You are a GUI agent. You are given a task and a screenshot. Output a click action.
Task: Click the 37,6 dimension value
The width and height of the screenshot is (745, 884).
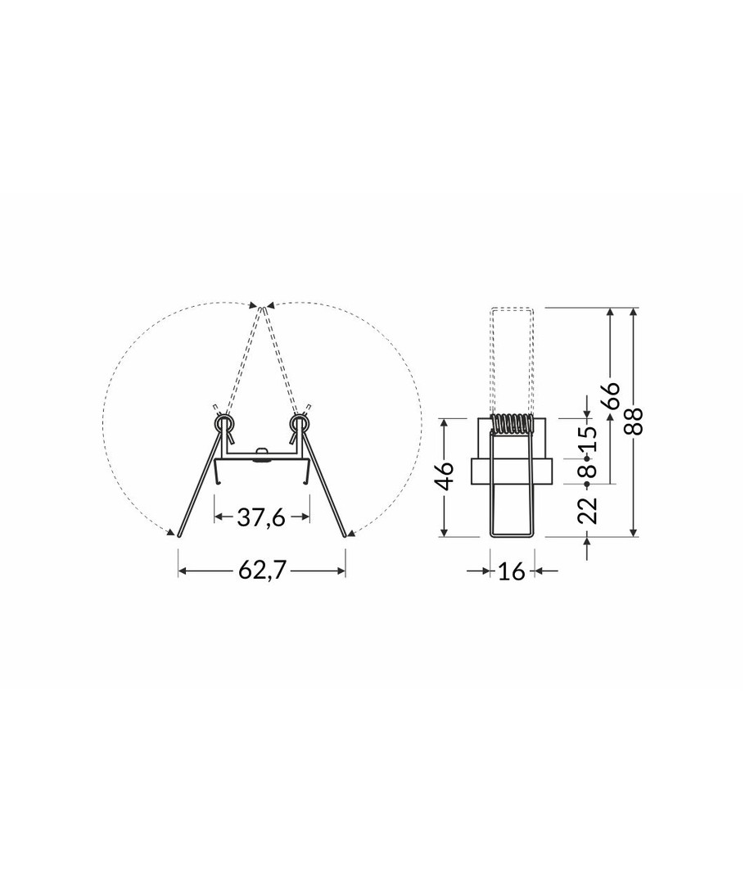pyautogui.click(x=261, y=516)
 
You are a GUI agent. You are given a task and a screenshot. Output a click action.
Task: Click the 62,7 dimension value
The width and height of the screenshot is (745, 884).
pyautogui.click(x=262, y=571)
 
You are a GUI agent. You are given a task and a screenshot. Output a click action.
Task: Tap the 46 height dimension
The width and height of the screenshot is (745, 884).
pyautogui.click(x=445, y=476)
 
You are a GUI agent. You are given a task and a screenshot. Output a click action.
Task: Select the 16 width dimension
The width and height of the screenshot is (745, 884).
pyautogui.click(x=512, y=571)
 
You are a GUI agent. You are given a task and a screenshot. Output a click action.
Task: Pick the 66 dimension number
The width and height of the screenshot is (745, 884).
pyautogui.click(x=610, y=396)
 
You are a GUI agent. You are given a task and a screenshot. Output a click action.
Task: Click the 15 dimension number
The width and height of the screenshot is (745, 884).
pyautogui.click(x=587, y=439)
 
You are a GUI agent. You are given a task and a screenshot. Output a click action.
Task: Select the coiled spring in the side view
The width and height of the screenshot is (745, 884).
pyautogui.click(x=512, y=424)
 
